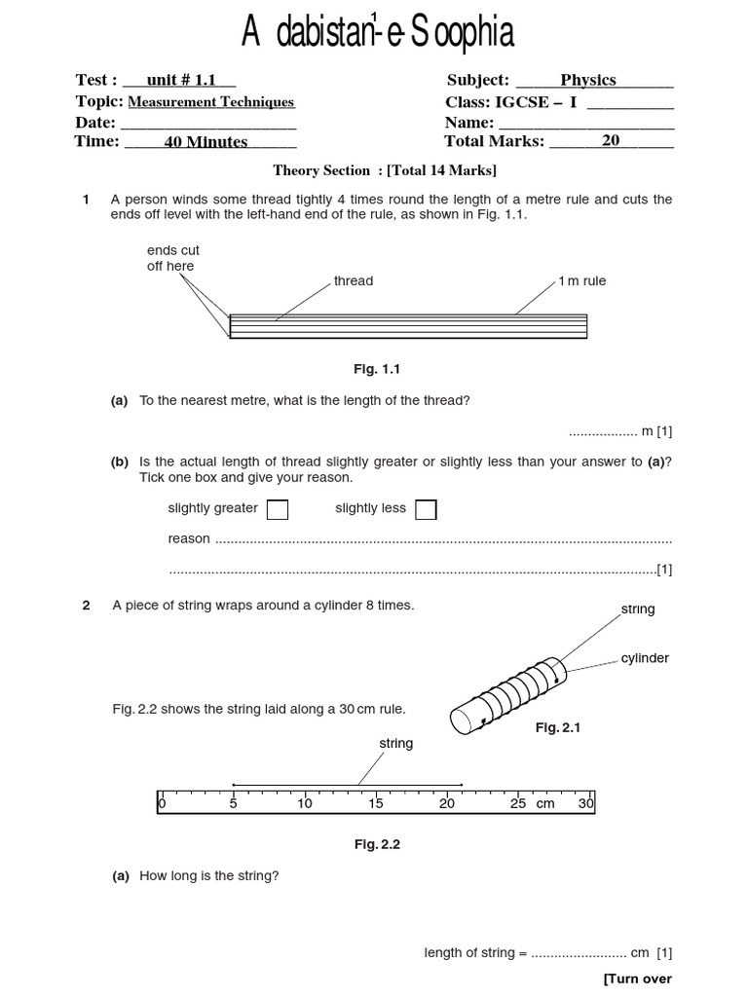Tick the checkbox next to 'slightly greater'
[278, 509]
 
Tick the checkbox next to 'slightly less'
[426, 509]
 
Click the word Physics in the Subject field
[588, 80]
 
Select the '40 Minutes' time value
[206, 142]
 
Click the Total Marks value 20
[611, 141]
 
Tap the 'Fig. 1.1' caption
[377, 369]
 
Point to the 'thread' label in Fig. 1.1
[354, 280]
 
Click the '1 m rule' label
[582, 280]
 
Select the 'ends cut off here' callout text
[172, 258]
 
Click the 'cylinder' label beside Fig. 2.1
[645, 658]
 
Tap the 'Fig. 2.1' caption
[558, 727]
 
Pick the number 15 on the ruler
[376, 803]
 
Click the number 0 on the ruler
[162, 803]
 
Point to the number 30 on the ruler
[586, 803]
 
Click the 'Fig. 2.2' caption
[377, 844]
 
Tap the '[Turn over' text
[638, 979]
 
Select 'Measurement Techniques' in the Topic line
[211, 101]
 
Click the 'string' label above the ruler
[396, 743]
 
